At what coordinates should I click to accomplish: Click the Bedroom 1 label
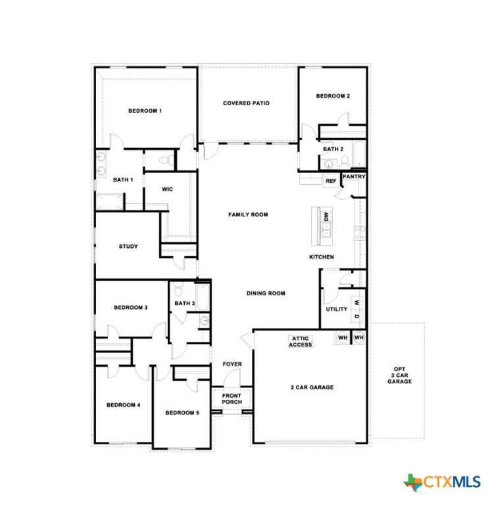click(x=145, y=111)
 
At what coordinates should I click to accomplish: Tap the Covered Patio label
click(x=246, y=103)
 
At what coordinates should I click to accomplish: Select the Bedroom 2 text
click(x=332, y=96)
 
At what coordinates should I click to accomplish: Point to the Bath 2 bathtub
click(x=359, y=155)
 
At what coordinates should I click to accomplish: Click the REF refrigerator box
click(x=331, y=180)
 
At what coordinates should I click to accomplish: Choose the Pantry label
click(x=353, y=177)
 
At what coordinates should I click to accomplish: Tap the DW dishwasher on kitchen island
click(x=326, y=216)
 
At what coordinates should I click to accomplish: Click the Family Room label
click(x=248, y=214)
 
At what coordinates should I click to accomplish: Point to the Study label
click(x=128, y=247)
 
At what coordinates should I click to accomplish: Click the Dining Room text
click(x=266, y=293)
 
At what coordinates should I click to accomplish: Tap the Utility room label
click(x=336, y=309)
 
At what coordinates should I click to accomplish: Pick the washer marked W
click(x=357, y=302)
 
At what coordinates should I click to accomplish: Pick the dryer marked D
click(x=357, y=317)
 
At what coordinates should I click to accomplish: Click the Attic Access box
click(x=301, y=341)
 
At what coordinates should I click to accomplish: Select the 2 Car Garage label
click(x=312, y=387)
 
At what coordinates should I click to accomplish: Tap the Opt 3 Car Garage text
click(x=399, y=375)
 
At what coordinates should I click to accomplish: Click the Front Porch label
click(x=231, y=398)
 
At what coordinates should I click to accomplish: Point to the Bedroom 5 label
click(x=181, y=413)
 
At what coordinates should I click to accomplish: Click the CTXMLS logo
click(x=442, y=482)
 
